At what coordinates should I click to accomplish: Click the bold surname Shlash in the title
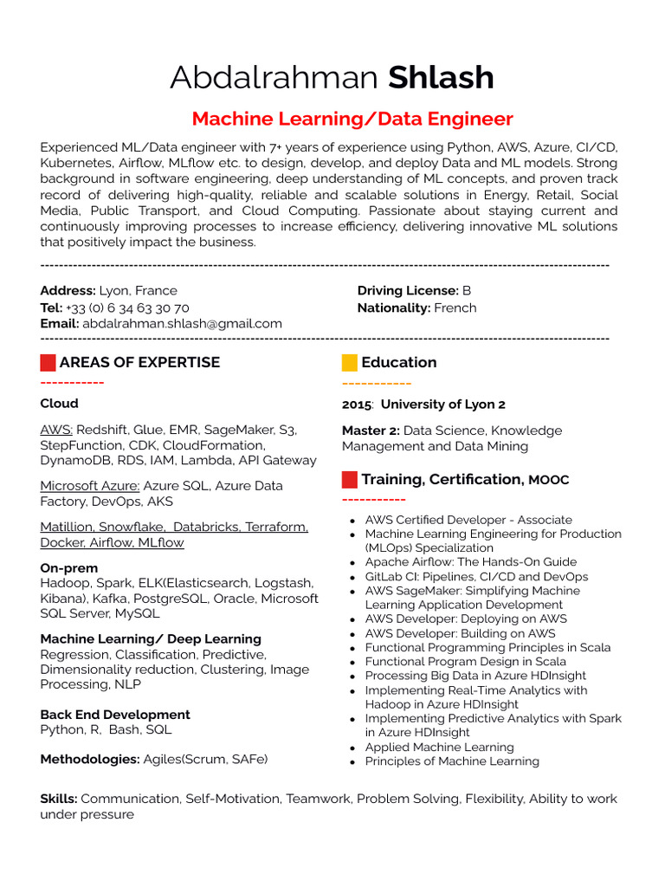(x=441, y=78)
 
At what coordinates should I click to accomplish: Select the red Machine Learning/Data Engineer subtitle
(x=352, y=119)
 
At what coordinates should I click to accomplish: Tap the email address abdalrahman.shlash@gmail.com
(x=182, y=323)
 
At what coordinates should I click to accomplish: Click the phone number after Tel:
(x=127, y=308)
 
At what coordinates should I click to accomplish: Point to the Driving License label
(x=408, y=291)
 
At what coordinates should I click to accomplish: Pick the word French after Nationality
(x=455, y=308)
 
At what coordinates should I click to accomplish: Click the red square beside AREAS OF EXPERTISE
(x=48, y=362)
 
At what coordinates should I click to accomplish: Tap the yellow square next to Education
(x=350, y=362)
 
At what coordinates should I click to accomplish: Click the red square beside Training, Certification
(x=350, y=479)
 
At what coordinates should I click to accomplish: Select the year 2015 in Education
(x=357, y=405)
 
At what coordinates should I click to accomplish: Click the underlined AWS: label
(x=57, y=430)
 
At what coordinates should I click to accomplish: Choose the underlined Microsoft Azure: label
(x=90, y=486)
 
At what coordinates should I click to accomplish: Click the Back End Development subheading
(x=115, y=715)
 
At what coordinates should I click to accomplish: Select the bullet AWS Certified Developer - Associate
(x=468, y=520)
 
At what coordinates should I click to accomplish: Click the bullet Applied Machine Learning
(x=439, y=747)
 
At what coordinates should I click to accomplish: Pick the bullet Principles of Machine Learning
(x=452, y=761)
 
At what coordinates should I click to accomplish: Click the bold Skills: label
(x=59, y=799)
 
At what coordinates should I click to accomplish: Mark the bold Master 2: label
(x=371, y=431)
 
